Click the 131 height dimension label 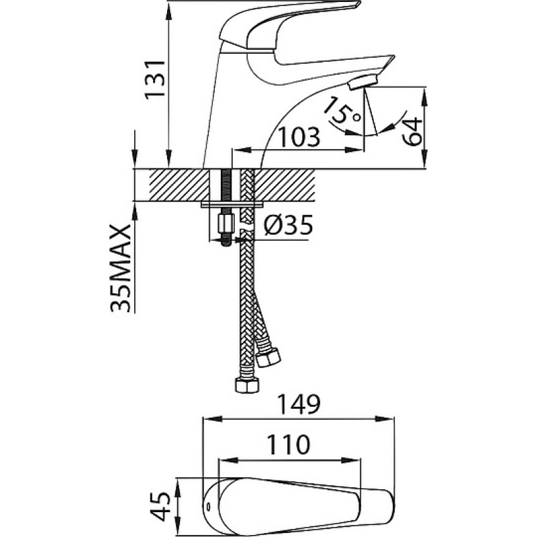pyautogui.click(x=154, y=80)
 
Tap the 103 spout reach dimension pyautogui.click(x=298, y=137)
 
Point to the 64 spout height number pyautogui.click(x=411, y=131)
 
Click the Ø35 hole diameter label pyautogui.click(x=289, y=225)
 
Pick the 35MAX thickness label pyautogui.click(x=121, y=268)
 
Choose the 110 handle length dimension pyautogui.click(x=288, y=445)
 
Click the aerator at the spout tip pyautogui.click(x=362, y=83)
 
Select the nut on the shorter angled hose pyautogui.click(x=268, y=358)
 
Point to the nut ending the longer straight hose pyautogui.click(x=246, y=385)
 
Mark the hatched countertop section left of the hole pyautogui.click(x=179, y=185)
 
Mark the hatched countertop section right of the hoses pyautogui.click(x=284, y=185)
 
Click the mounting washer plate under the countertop pyautogui.click(x=232, y=205)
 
